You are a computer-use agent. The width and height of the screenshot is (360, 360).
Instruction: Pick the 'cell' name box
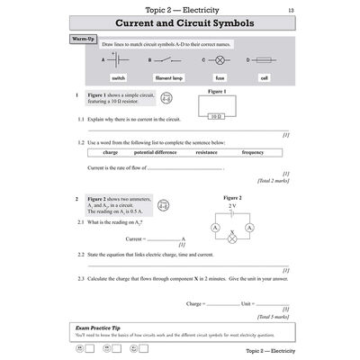click(x=265, y=78)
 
